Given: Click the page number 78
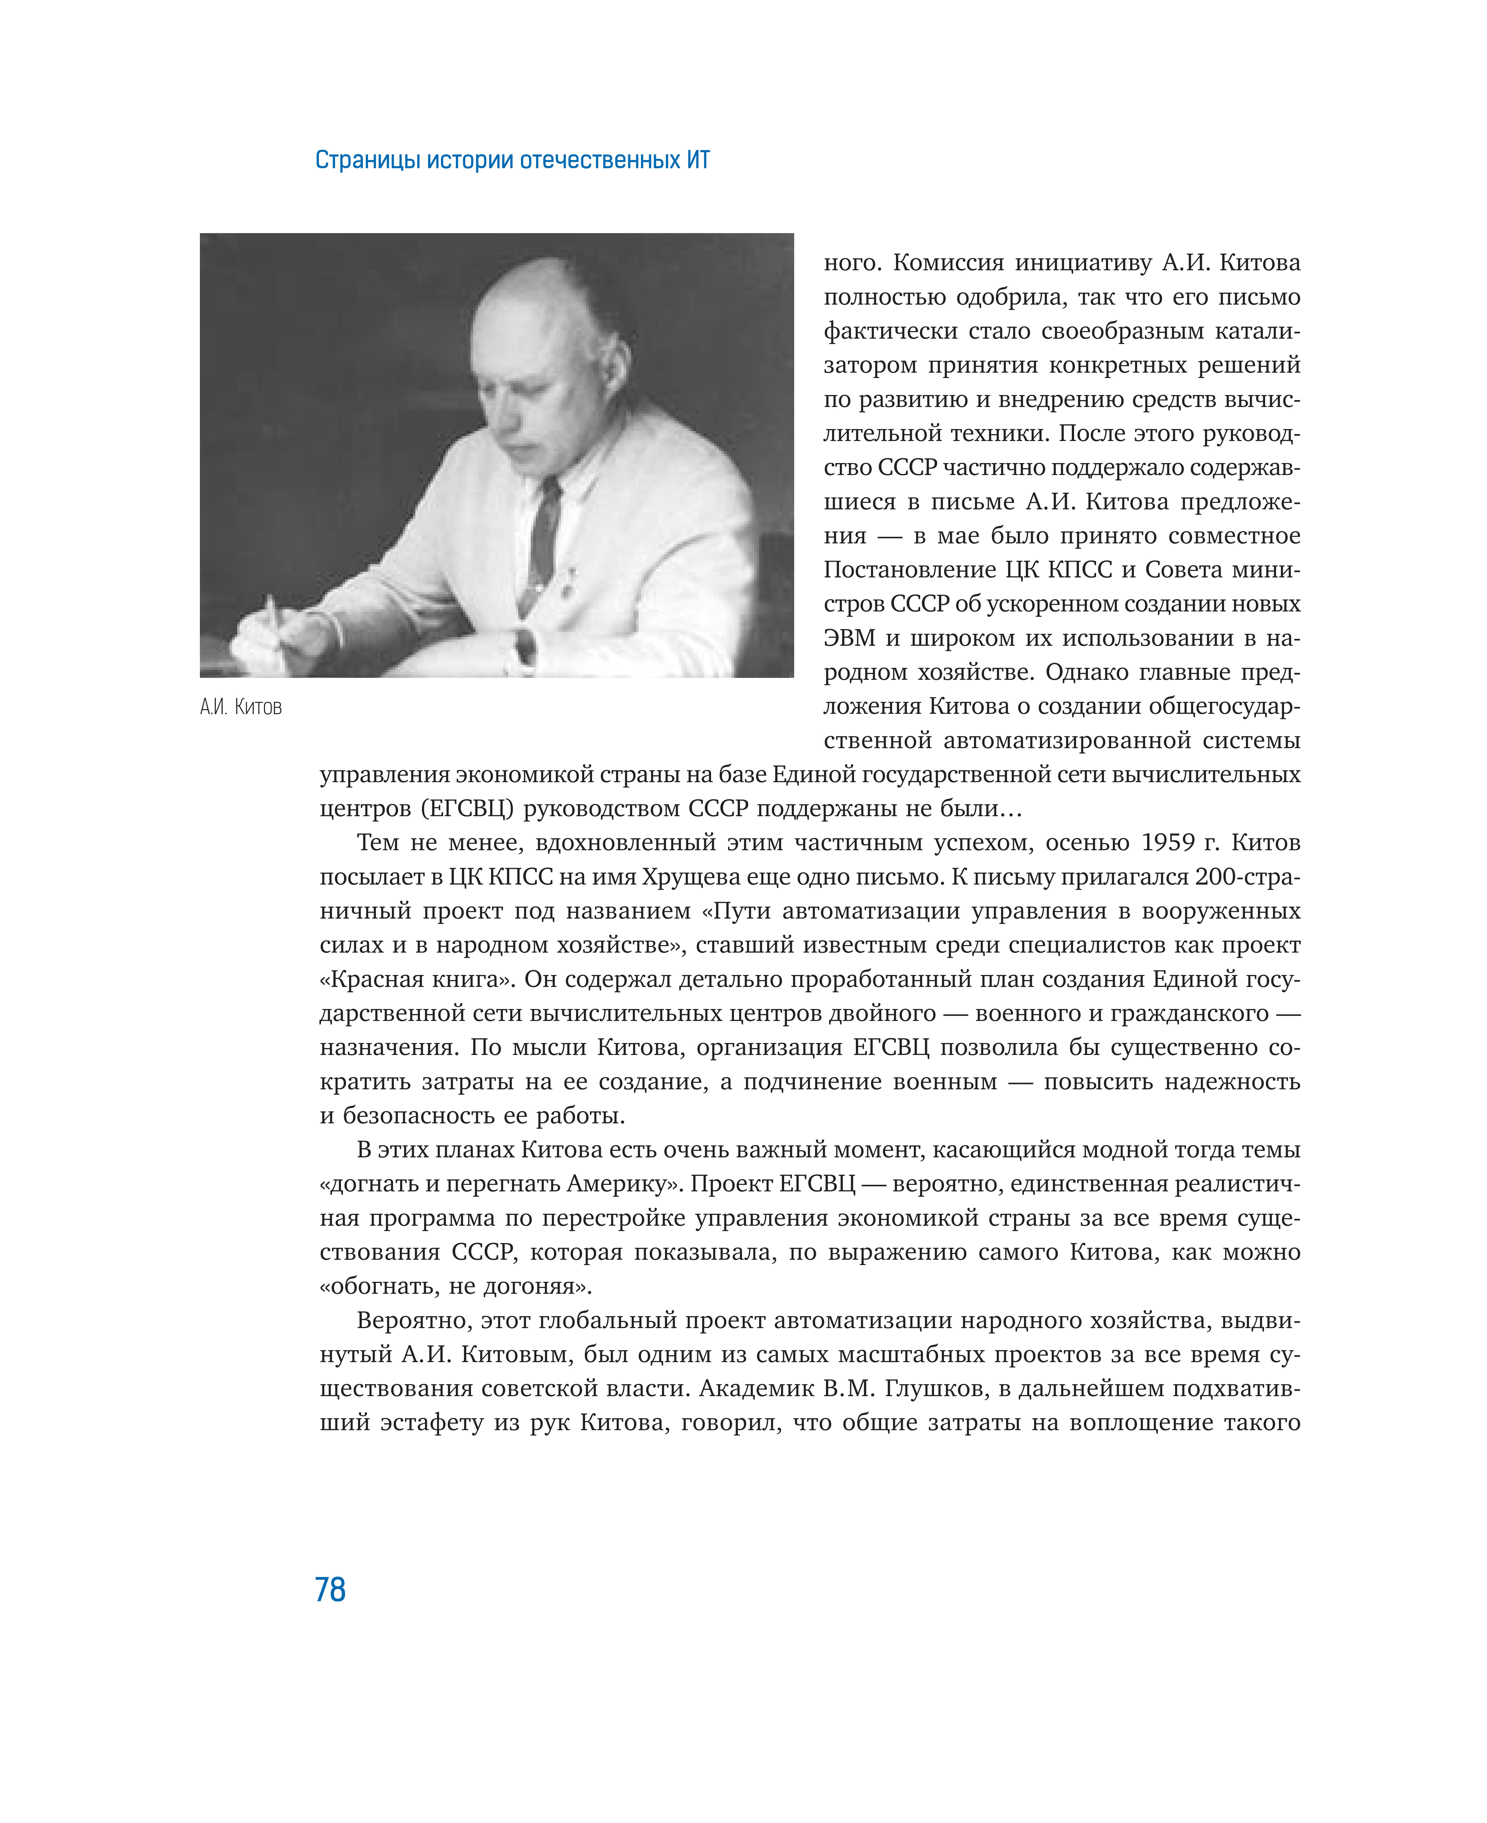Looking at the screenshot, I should point(330,1590).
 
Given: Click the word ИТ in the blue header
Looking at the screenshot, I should point(697,160).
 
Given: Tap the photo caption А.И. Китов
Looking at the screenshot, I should point(241,707).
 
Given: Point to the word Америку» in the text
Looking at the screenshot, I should point(621,1184).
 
